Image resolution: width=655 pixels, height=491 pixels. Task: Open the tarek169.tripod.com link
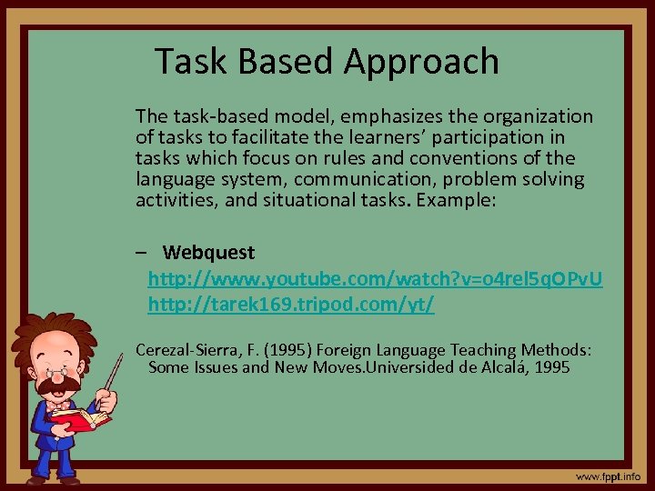point(291,304)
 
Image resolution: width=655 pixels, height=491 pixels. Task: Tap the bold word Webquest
point(209,252)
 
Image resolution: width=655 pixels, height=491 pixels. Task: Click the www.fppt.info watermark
point(607,476)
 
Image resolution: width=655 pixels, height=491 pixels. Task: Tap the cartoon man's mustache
point(56,382)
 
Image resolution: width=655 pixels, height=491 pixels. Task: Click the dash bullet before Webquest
point(141,252)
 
